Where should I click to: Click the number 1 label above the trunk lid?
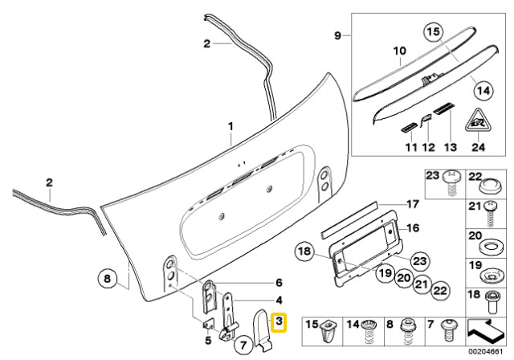(x=230, y=128)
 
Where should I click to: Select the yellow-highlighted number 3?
(x=279, y=321)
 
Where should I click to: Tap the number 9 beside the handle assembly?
(x=338, y=35)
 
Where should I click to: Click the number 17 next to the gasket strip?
(x=412, y=203)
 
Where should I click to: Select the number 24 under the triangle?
(x=479, y=147)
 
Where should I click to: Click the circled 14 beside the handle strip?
(x=481, y=91)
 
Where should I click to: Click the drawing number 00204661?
(x=487, y=352)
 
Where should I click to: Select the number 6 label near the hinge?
(x=279, y=282)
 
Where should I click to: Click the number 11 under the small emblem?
(x=410, y=148)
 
